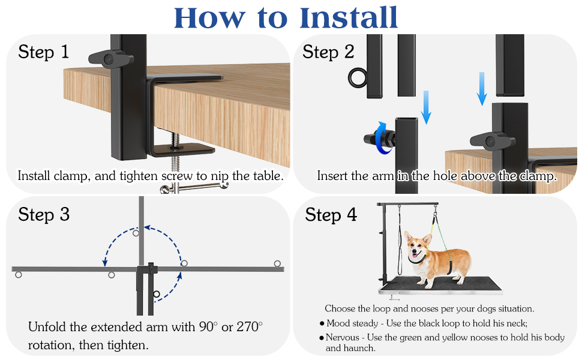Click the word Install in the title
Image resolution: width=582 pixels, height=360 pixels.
tap(348, 17)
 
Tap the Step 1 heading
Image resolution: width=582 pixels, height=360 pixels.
tap(43, 52)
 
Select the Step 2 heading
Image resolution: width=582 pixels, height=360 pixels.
tap(328, 52)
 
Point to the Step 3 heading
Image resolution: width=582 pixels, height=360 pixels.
tap(44, 215)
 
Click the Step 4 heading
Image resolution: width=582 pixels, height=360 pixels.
tap(331, 215)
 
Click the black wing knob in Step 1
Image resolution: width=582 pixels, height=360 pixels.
tap(110, 59)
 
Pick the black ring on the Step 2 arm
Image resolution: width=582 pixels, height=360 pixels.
tap(358, 77)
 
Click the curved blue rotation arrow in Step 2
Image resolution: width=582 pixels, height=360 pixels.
tap(382, 137)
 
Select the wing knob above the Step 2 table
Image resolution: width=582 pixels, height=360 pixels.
tap(492, 141)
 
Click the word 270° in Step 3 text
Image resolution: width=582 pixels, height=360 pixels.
tap(250, 326)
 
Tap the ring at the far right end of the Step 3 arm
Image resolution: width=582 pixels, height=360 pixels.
tap(277, 263)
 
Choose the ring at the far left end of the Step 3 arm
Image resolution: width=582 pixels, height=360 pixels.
tap(18, 275)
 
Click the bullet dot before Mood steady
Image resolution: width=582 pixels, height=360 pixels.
tap(322, 323)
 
